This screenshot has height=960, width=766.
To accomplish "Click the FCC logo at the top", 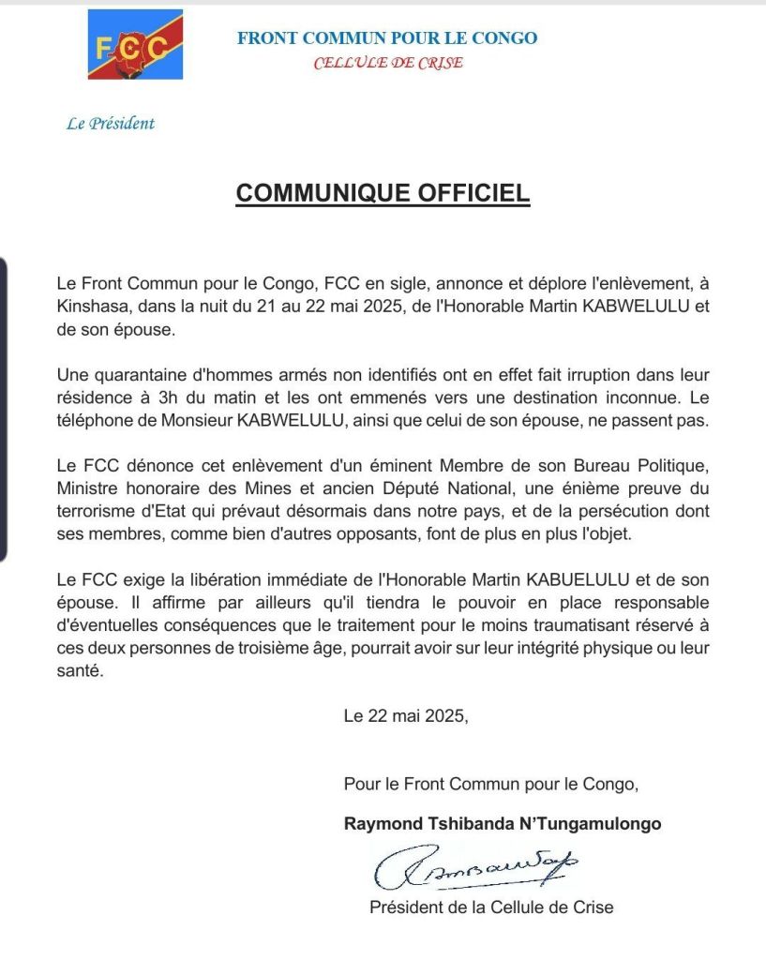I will point(135,44).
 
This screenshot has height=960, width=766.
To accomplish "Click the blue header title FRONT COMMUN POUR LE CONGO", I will point(387,38).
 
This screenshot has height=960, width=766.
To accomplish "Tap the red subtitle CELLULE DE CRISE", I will point(387,63).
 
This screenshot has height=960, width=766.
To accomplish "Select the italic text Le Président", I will point(111,123).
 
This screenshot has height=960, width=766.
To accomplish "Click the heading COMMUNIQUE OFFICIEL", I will point(383,193).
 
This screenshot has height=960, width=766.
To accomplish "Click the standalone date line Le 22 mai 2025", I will point(405,716).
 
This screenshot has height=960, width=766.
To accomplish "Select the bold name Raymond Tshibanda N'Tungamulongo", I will point(503,824).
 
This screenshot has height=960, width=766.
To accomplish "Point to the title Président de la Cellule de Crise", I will point(491,907).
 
